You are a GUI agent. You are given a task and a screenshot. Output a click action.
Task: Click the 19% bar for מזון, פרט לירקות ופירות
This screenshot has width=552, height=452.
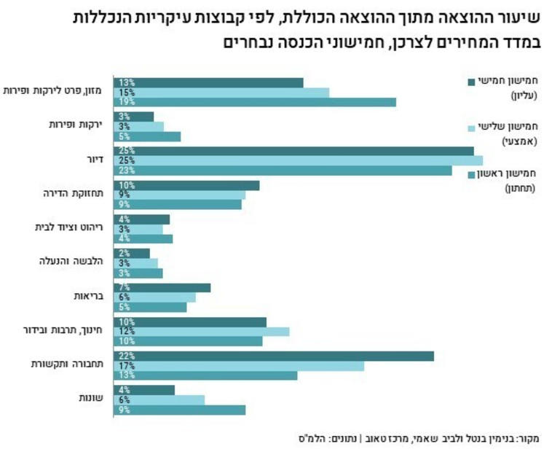(x=255, y=102)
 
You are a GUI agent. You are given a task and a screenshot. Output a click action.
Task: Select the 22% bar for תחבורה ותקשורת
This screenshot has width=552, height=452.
(x=273, y=356)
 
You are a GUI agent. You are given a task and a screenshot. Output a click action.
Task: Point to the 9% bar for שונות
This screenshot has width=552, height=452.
(x=179, y=410)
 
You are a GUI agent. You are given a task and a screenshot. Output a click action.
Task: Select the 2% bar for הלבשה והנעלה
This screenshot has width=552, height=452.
(x=132, y=253)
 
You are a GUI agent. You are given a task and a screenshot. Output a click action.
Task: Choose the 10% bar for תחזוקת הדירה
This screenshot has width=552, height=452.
(x=186, y=185)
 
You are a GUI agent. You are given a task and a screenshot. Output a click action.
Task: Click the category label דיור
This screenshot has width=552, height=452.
(x=91, y=159)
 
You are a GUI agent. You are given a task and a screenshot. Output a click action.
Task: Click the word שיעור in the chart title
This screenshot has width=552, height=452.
(x=524, y=16)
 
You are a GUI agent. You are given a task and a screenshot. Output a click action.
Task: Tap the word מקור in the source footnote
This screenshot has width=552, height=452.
(x=526, y=438)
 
